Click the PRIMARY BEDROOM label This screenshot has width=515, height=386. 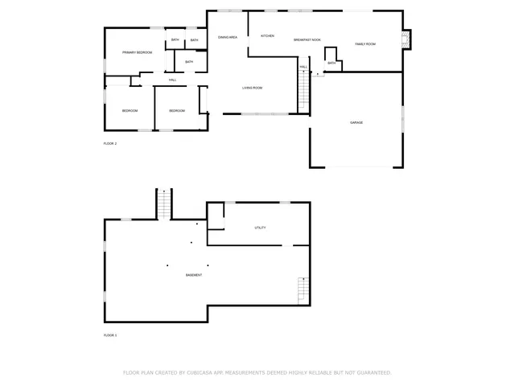click(x=138, y=52)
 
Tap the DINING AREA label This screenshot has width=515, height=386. click(x=228, y=37)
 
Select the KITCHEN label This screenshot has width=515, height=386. click(x=267, y=36)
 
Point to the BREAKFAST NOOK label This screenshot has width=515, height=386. click(x=307, y=39)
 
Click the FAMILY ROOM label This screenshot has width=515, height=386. click(x=365, y=44)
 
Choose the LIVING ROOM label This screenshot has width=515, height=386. click(x=253, y=88)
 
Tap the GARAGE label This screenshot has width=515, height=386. click(x=356, y=122)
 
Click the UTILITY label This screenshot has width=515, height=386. click(x=260, y=228)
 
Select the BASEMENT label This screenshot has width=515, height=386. click(x=193, y=275)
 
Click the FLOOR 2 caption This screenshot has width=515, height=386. click(x=110, y=143)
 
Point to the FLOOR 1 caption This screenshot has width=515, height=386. click(x=110, y=335)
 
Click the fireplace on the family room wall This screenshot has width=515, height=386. click(x=406, y=39)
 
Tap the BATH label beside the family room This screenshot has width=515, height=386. click(x=332, y=63)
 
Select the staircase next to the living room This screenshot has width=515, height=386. click(x=304, y=81)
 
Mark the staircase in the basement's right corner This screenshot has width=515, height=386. click(x=303, y=289)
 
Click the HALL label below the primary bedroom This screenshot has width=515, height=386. click(x=172, y=80)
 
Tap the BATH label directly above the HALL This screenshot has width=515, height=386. click(x=189, y=62)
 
